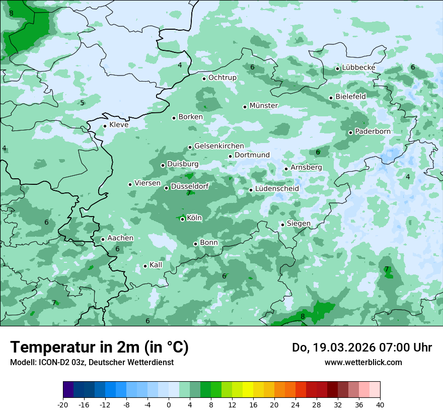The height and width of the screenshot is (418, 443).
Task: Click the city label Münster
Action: click(263, 106)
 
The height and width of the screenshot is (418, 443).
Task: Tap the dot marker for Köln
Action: click(182, 219)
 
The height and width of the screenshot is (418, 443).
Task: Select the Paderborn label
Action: click(373, 131)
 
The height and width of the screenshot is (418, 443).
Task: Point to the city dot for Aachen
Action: click(103, 240)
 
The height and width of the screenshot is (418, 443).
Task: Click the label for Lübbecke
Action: click(358, 68)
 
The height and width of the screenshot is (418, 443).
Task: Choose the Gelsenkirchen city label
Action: click(219, 146)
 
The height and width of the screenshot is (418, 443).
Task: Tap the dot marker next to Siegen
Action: click(282, 225)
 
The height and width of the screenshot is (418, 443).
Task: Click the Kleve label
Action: click(119, 125)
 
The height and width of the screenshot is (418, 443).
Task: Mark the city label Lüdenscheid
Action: click(277, 189)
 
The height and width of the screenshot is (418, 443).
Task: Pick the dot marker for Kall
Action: click(145, 266)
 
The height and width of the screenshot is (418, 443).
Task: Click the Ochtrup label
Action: click(222, 78)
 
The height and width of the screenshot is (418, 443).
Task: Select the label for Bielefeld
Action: click(350, 96)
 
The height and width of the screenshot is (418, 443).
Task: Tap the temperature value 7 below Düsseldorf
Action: click(189, 193)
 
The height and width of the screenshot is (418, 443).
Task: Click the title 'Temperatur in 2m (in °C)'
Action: click(99, 347)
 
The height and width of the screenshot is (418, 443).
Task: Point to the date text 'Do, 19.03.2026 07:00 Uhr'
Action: click(361, 347)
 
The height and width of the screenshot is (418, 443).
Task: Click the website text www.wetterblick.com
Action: click(363, 362)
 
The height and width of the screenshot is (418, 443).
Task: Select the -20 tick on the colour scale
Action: click(63, 404)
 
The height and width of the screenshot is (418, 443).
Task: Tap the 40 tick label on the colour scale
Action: click(380, 404)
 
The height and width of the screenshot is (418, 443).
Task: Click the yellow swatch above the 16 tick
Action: click(253, 390)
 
